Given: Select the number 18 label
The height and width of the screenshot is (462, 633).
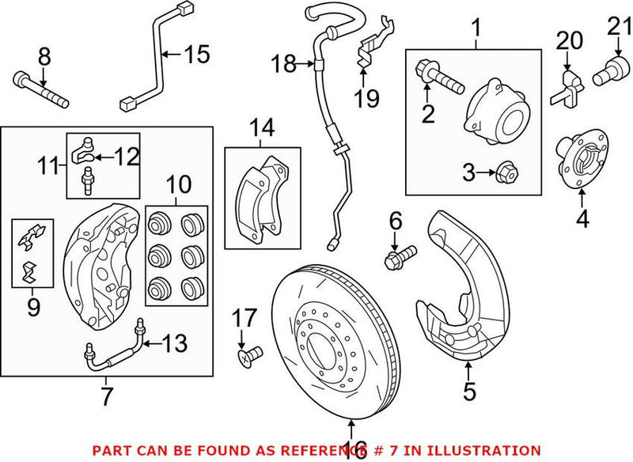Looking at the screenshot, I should click(x=283, y=62).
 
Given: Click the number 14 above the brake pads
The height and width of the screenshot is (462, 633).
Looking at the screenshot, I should click(x=263, y=127).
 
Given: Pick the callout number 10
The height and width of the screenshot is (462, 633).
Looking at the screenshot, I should click(x=178, y=186).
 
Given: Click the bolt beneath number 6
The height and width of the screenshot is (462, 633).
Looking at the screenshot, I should click(x=400, y=257).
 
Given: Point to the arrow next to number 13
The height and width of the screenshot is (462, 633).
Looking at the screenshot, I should click(x=154, y=343).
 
